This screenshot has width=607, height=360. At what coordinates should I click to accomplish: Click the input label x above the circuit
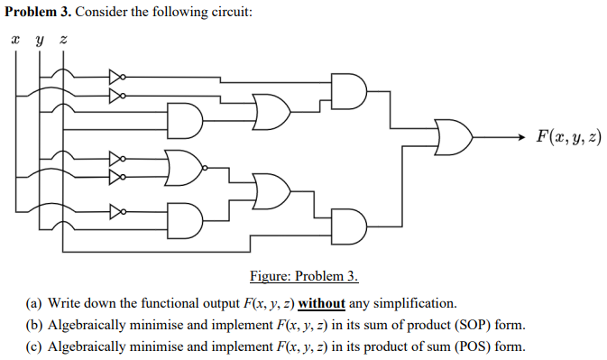(x=15, y=41)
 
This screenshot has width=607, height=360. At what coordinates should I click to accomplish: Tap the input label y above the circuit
(x=38, y=42)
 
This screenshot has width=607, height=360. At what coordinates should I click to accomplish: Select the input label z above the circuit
(x=61, y=41)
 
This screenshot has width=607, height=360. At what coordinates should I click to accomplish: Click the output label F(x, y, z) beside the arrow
(x=567, y=137)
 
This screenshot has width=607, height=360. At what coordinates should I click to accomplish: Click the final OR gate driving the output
(x=453, y=137)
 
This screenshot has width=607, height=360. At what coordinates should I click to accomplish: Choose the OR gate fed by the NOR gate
(x=272, y=187)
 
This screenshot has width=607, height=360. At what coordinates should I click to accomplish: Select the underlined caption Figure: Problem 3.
(x=303, y=276)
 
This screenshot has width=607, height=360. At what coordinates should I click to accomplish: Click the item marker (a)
(x=34, y=302)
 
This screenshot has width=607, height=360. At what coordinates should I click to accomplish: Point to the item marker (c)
(x=34, y=346)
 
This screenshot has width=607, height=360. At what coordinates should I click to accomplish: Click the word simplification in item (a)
(x=416, y=302)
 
